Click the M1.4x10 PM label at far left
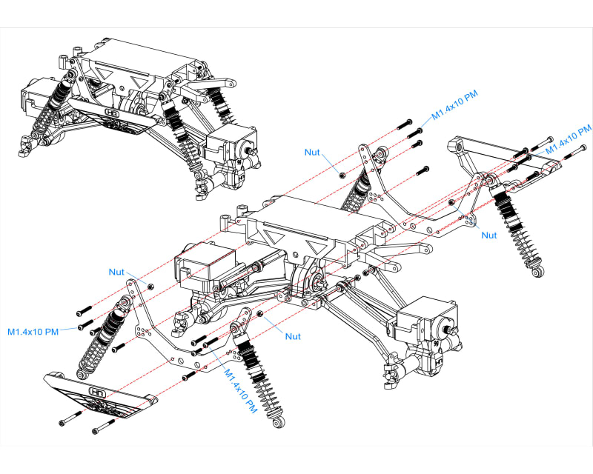point(33,331)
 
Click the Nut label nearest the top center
point(312,152)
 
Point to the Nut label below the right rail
point(489,235)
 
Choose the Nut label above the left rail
point(116,272)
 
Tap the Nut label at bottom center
point(293,336)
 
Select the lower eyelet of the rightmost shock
point(537,272)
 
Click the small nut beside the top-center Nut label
point(341,175)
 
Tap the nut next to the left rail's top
point(151,286)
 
